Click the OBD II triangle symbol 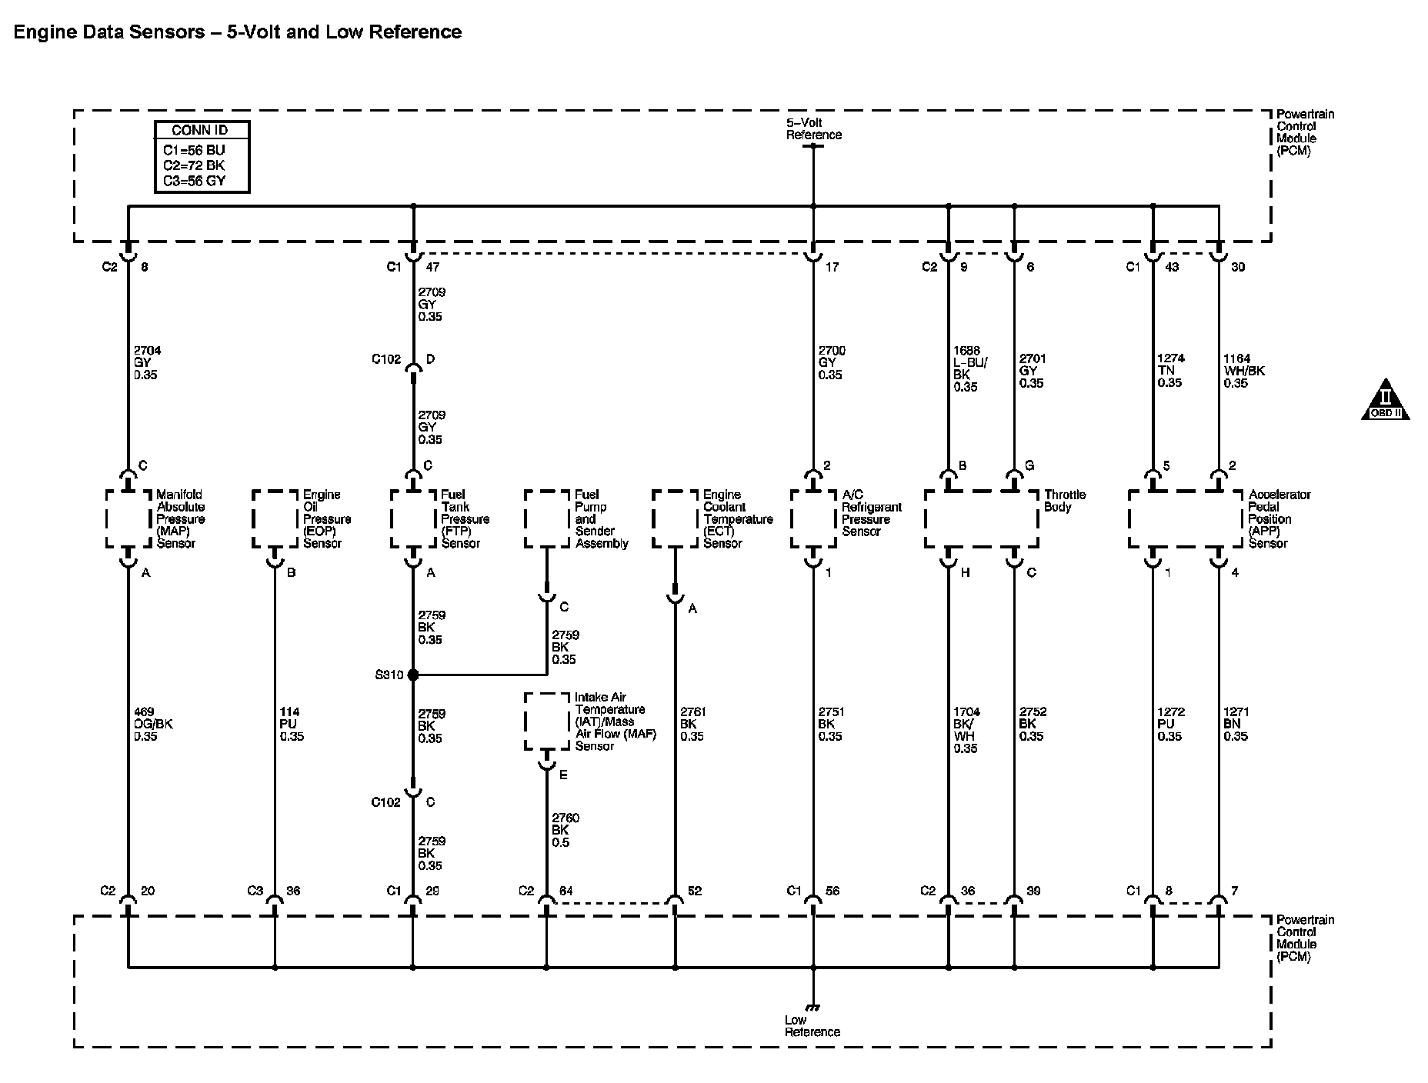(x=1386, y=399)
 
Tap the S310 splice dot (x=412, y=675)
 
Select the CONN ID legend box (x=202, y=156)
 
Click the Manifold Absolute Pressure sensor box (x=128, y=519)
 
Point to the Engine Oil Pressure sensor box (x=275, y=519)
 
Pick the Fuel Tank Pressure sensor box (x=413, y=519)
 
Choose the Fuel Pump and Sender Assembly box (x=547, y=519)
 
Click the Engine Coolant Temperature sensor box (x=675, y=519)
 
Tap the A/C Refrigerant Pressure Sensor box (x=813, y=519)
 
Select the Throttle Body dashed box (x=981, y=519)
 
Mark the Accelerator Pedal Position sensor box (x=1185, y=519)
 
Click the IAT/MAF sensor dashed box (x=547, y=721)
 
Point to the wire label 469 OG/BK (x=152, y=725)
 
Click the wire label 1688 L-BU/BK (x=966, y=368)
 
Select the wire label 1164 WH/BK (x=1243, y=371)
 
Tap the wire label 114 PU (x=292, y=725)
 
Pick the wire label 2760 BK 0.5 (x=565, y=830)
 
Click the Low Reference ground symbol (x=812, y=1007)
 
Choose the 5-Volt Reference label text (x=813, y=128)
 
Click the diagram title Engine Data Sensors (x=238, y=32)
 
